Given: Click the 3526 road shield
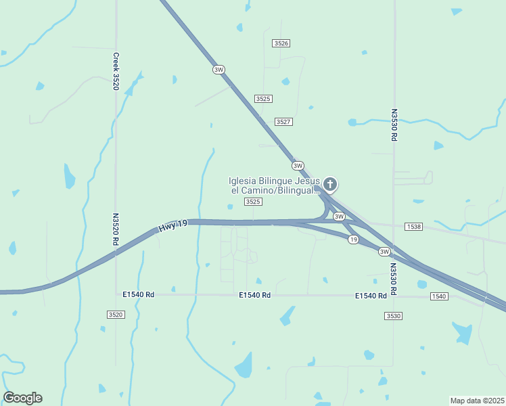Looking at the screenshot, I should (x=281, y=43).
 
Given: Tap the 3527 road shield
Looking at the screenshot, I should (x=283, y=122).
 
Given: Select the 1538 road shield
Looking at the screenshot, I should (x=413, y=226).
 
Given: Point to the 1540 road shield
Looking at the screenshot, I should (x=438, y=296).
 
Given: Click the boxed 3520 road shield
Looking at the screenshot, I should (x=116, y=315).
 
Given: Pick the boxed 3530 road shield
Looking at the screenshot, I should (x=393, y=316).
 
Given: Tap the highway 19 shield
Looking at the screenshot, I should (x=353, y=240).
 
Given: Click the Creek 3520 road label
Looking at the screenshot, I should (x=116, y=72).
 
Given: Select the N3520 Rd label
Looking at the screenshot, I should (x=116, y=229).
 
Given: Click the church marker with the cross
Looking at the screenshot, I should (x=330, y=183).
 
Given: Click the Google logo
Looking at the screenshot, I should (x=22, y=397).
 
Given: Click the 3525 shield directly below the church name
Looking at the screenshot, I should (x=253, y=202).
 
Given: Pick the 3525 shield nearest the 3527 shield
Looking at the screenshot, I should (x=263, y=99).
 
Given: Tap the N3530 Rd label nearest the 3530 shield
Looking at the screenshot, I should (x=394, y=276).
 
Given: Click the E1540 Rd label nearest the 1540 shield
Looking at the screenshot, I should (x=371, y=296).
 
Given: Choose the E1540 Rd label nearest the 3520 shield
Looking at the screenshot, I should (x=139, y=295).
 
